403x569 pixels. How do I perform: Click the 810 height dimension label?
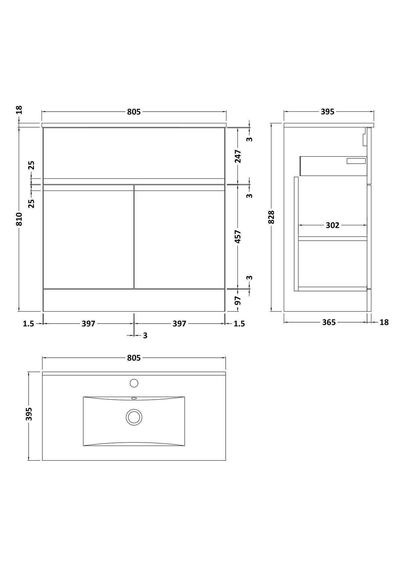(19, 219)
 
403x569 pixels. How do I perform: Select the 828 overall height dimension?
(271, 217)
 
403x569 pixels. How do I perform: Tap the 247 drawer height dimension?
(238, 156)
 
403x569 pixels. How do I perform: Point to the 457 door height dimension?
(238, 236)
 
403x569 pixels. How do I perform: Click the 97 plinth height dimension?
(238, 300)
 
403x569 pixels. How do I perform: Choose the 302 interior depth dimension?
(332, 225)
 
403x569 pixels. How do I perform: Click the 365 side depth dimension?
(329, 322)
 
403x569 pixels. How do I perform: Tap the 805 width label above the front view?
(134, 112)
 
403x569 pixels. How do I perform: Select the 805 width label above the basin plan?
(134, 358)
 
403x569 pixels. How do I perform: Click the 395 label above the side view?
(327, 112)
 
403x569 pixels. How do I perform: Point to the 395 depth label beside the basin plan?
(29, 414)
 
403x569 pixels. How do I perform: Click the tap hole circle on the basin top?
(134, 383)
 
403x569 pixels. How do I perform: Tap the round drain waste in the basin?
(134, 417)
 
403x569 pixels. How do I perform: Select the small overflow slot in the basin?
(134, 398)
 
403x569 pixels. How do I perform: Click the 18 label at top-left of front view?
(19, 110)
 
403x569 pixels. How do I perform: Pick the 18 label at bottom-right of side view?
(384, 322)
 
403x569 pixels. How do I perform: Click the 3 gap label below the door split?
(145, 336)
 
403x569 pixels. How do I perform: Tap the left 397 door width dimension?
(88, 324)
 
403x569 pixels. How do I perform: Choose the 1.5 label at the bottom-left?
(29, 324)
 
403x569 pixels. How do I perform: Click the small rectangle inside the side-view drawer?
(356, 161)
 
